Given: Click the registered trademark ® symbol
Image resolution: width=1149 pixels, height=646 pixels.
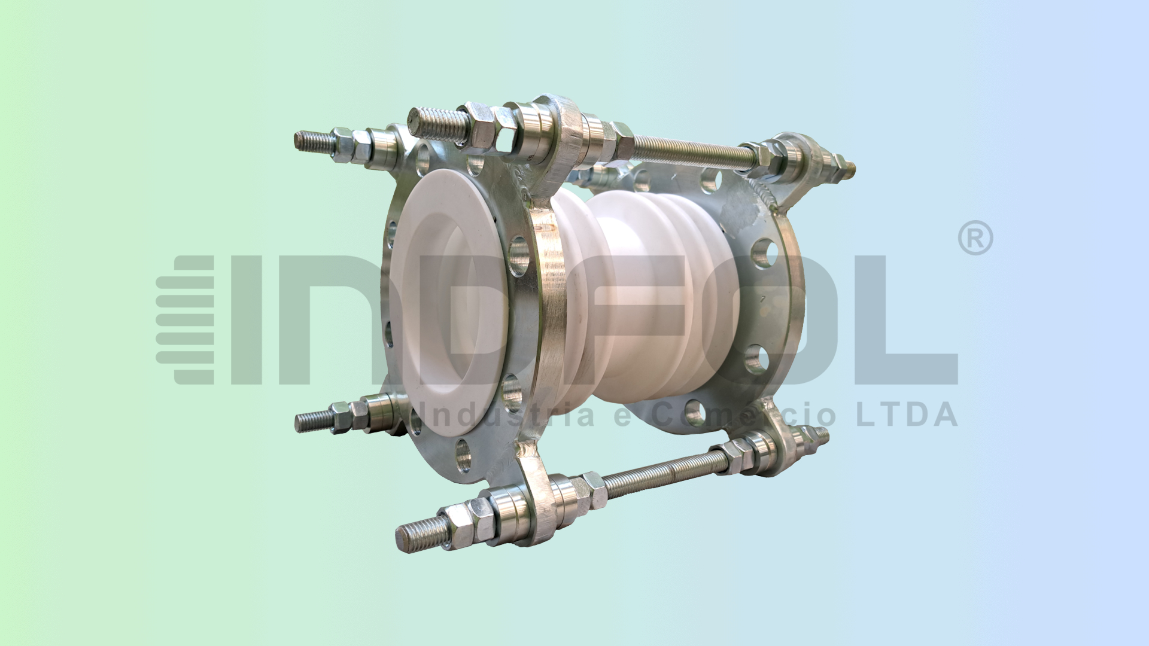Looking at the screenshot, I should tap(975, 238).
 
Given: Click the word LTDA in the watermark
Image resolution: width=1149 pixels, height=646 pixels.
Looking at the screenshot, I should tap(907, 415).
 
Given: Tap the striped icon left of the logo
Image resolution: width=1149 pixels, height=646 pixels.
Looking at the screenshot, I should tap(186, 320).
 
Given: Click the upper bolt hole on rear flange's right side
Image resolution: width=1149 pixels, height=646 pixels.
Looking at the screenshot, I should tap(763, 254).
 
